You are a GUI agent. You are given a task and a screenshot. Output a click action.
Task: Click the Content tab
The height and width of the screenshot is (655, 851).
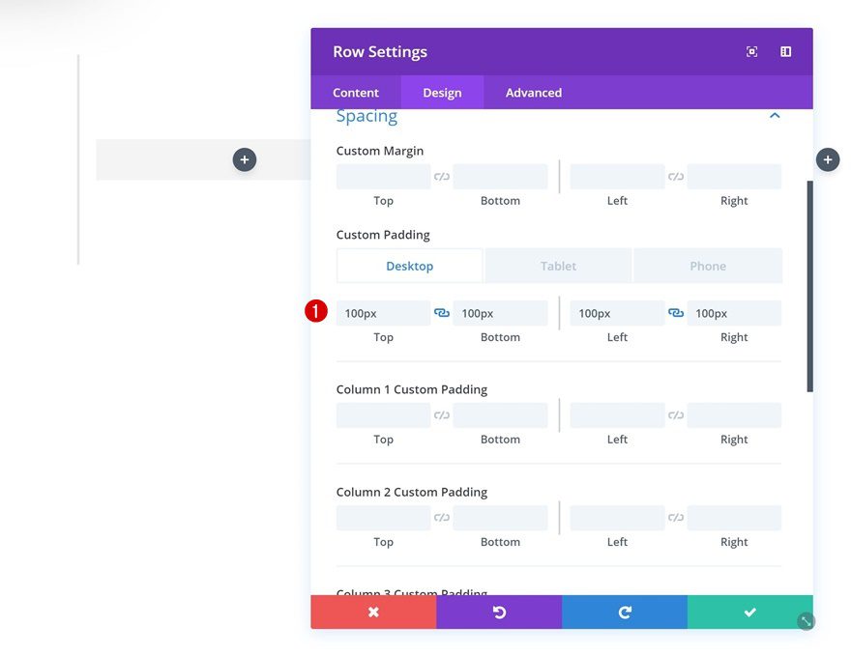tap(356, 93)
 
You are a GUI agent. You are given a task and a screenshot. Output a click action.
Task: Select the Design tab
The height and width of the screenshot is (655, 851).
tap(442, 93)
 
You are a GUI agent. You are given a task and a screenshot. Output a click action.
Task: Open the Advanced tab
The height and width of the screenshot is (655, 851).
tap(533, 93)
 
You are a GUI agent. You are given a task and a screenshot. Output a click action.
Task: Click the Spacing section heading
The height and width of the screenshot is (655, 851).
tap(367, 116)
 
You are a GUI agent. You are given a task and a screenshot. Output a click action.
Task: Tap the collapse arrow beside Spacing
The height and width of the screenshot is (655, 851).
tap(774, 116)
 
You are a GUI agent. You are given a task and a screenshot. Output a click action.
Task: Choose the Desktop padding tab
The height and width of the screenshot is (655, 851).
tap(409, 266)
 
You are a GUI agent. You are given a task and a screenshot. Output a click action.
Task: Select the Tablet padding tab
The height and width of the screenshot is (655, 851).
tap(558, 266)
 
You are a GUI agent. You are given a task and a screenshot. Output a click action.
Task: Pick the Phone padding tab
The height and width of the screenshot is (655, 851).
tap(708, 266)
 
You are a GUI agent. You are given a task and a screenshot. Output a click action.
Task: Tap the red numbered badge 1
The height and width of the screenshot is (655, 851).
tap(316, 312)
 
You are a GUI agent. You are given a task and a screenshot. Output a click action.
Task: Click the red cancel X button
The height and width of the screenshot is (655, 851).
tap(373, 612)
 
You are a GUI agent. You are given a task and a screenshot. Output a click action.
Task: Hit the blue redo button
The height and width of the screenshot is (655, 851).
tap(625, 612)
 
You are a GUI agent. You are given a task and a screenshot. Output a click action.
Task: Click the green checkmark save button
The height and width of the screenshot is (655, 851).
tap(749, 612)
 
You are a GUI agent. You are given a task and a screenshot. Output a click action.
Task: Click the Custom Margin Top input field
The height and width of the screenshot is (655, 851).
tap(383, 177)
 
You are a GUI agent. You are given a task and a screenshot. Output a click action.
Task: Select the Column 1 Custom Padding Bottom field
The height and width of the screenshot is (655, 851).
tap(500, 415)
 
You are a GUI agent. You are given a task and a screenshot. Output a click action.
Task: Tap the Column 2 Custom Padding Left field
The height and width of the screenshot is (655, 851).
tap(617, 518)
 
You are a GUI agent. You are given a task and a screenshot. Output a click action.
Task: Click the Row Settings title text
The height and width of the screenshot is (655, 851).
tap(380, 52)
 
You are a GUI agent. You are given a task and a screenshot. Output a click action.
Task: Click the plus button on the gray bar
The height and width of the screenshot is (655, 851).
tap(245, 159)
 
